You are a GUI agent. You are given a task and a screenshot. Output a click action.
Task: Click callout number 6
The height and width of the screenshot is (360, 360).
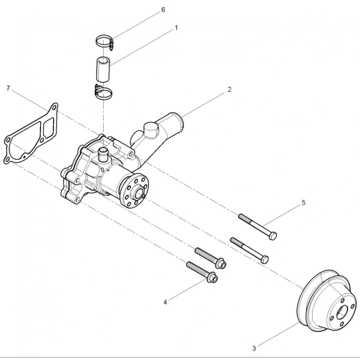click(x=163, y=10)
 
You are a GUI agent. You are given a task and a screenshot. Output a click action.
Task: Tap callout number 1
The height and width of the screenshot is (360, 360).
click(x=176, y=28)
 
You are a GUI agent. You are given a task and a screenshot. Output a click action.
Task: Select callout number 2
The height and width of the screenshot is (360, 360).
click(x=229, y=89)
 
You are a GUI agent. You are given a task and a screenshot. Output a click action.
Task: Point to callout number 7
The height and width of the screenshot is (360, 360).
click(x=8, y=88)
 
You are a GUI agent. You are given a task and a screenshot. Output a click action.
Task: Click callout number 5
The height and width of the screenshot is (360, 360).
click(x=304, y=203)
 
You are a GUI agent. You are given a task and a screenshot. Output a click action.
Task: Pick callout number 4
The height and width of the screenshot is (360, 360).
click(x=165, y=302)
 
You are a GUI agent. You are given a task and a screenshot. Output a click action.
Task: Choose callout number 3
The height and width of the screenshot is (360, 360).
click(x=254, y=348)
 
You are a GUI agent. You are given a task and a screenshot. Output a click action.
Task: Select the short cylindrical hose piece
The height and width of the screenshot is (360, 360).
click(x=103, y=69)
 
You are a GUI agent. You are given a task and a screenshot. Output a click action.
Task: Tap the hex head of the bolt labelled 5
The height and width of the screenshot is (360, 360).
click(x=273, y=236)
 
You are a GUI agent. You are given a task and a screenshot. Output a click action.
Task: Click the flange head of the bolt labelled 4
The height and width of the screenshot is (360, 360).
click(x=213, y=278)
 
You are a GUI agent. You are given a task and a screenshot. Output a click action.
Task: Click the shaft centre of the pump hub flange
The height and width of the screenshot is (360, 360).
click(x=139, y=194)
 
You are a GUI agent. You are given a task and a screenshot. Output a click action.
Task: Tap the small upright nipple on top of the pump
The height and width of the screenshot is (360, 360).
click(x=103, y=154)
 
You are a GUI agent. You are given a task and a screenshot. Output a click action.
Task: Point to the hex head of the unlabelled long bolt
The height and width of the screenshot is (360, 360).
click(x=265, y=259)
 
